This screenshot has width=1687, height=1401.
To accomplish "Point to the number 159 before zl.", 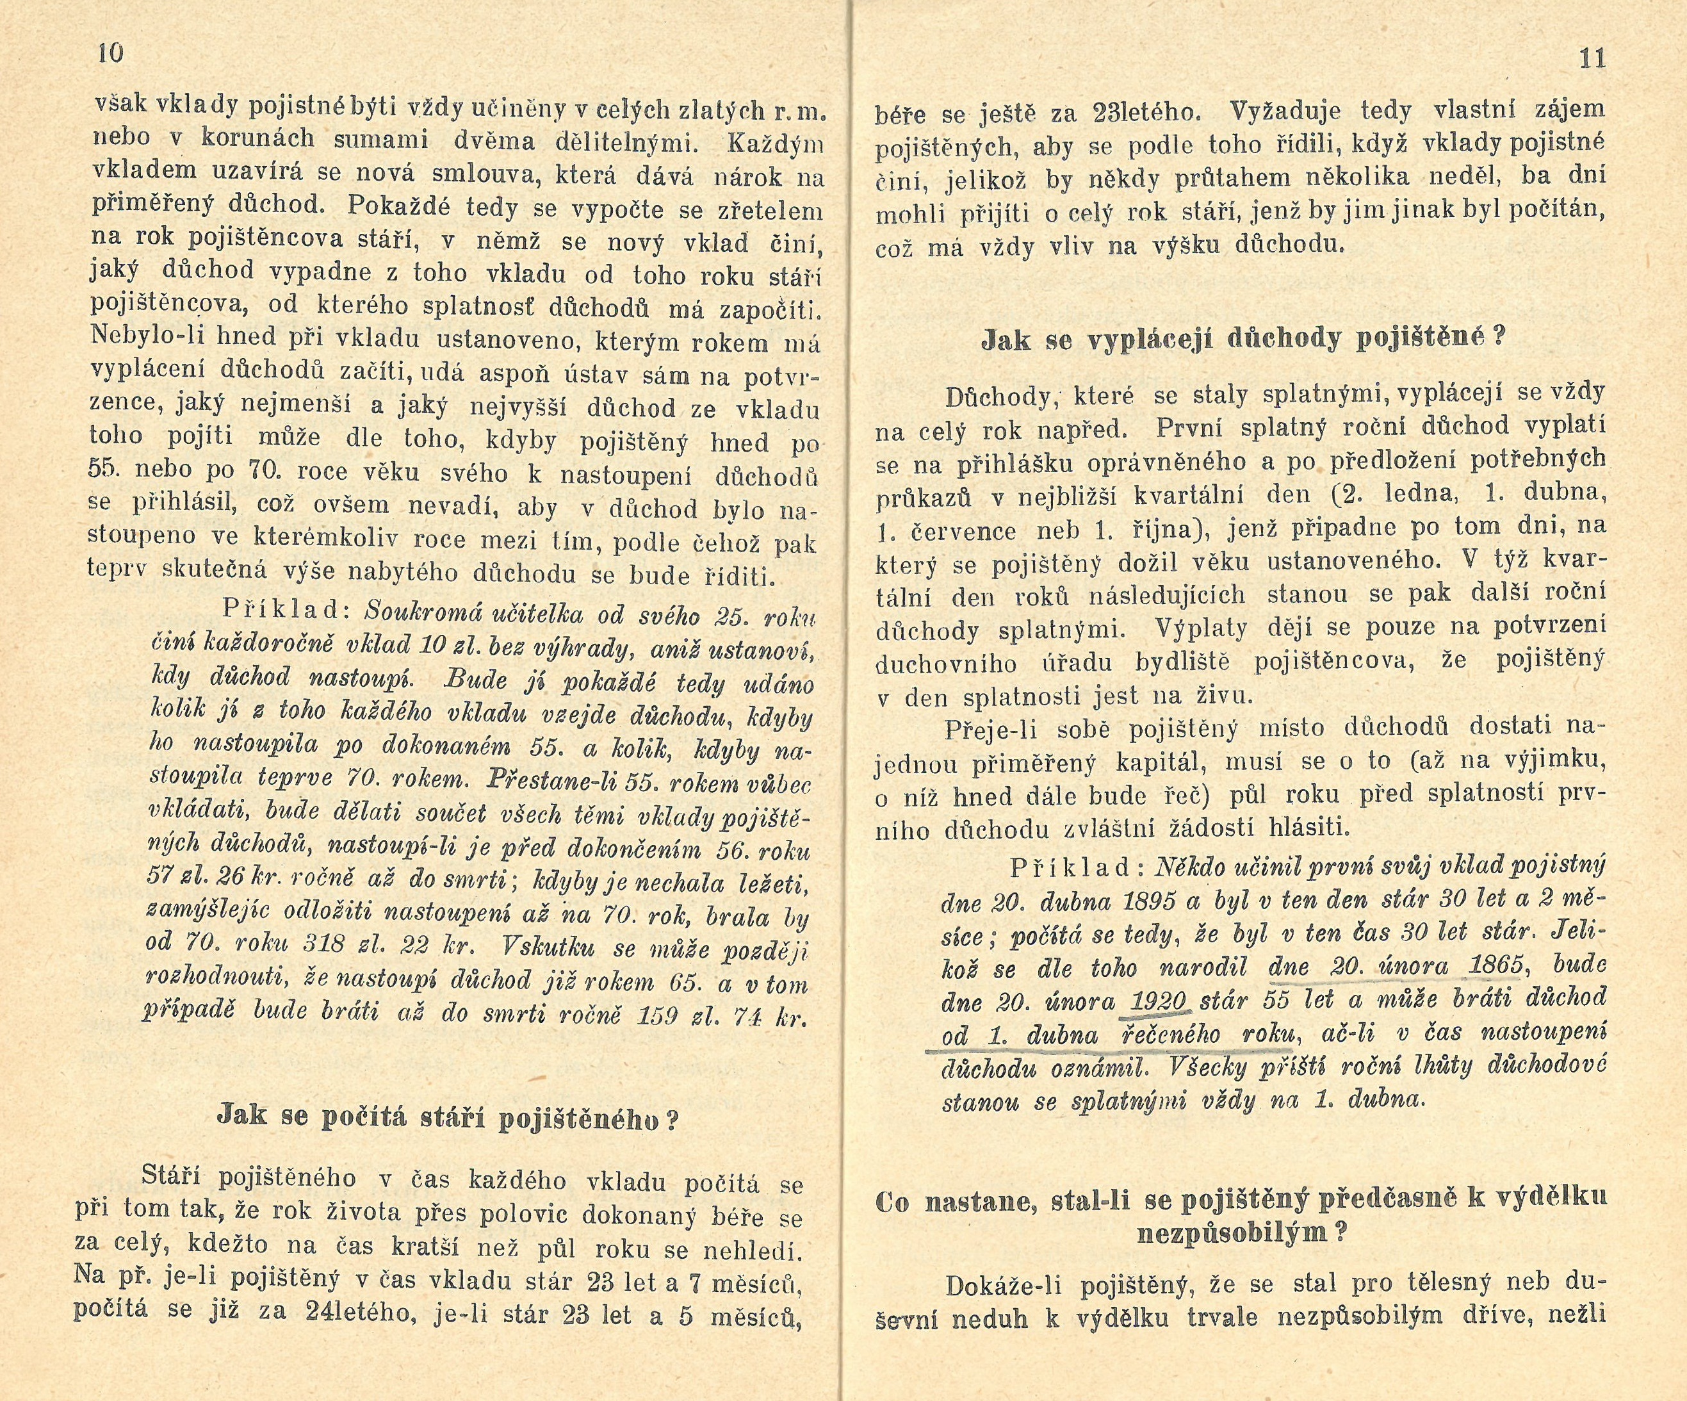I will click(657, 1016).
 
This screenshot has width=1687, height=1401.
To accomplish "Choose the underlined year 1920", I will click(1159, 1001).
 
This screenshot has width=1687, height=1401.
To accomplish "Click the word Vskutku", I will click(546, 949).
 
